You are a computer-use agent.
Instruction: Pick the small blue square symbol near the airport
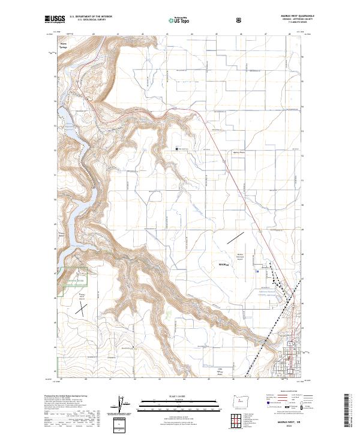257,271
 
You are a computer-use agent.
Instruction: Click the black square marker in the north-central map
176,149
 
